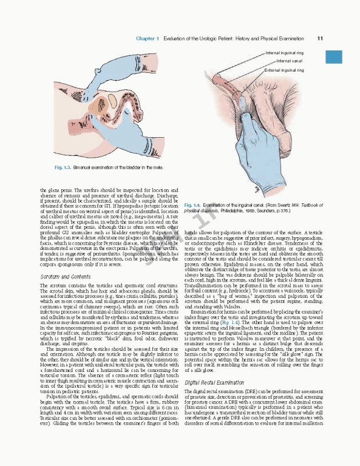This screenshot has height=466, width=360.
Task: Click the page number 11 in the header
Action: (x=319, y=38)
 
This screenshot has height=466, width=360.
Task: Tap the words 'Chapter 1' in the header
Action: (x=148, y=38)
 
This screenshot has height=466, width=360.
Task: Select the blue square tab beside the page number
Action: (x=335, y=56)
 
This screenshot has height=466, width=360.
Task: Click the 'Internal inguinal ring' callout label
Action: (x=284, y=53)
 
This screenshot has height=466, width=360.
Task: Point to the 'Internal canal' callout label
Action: (x=290, y=61)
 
